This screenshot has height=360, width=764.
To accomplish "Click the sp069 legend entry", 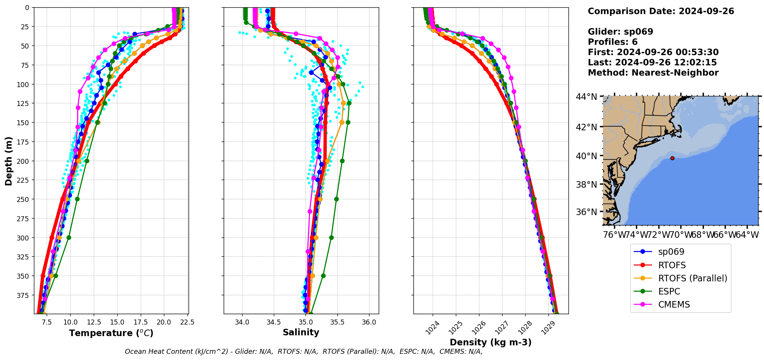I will (671, 252).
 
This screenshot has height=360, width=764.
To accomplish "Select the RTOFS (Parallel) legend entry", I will (692, 278).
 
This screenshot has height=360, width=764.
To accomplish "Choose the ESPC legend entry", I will (669, 291).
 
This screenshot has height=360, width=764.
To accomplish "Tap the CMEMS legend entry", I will (674, 304).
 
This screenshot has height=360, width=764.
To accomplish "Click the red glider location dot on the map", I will (672, 158).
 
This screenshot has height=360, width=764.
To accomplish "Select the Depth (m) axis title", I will (8, 161).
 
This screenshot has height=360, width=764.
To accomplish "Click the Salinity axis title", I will (301, 333).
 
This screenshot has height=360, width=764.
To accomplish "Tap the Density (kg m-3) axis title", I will (491, 342).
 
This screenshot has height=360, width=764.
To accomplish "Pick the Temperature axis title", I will (111, 333).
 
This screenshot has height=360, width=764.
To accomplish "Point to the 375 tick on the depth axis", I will (23, 295).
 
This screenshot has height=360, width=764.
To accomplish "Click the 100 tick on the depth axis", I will (23, 84).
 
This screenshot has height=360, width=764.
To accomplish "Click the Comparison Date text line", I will (661, 11).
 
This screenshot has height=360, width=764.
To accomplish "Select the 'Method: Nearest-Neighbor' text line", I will (653, 73).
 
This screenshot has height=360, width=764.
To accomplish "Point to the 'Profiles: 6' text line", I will (612, 42).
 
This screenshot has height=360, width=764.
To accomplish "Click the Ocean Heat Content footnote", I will (304, 352).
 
